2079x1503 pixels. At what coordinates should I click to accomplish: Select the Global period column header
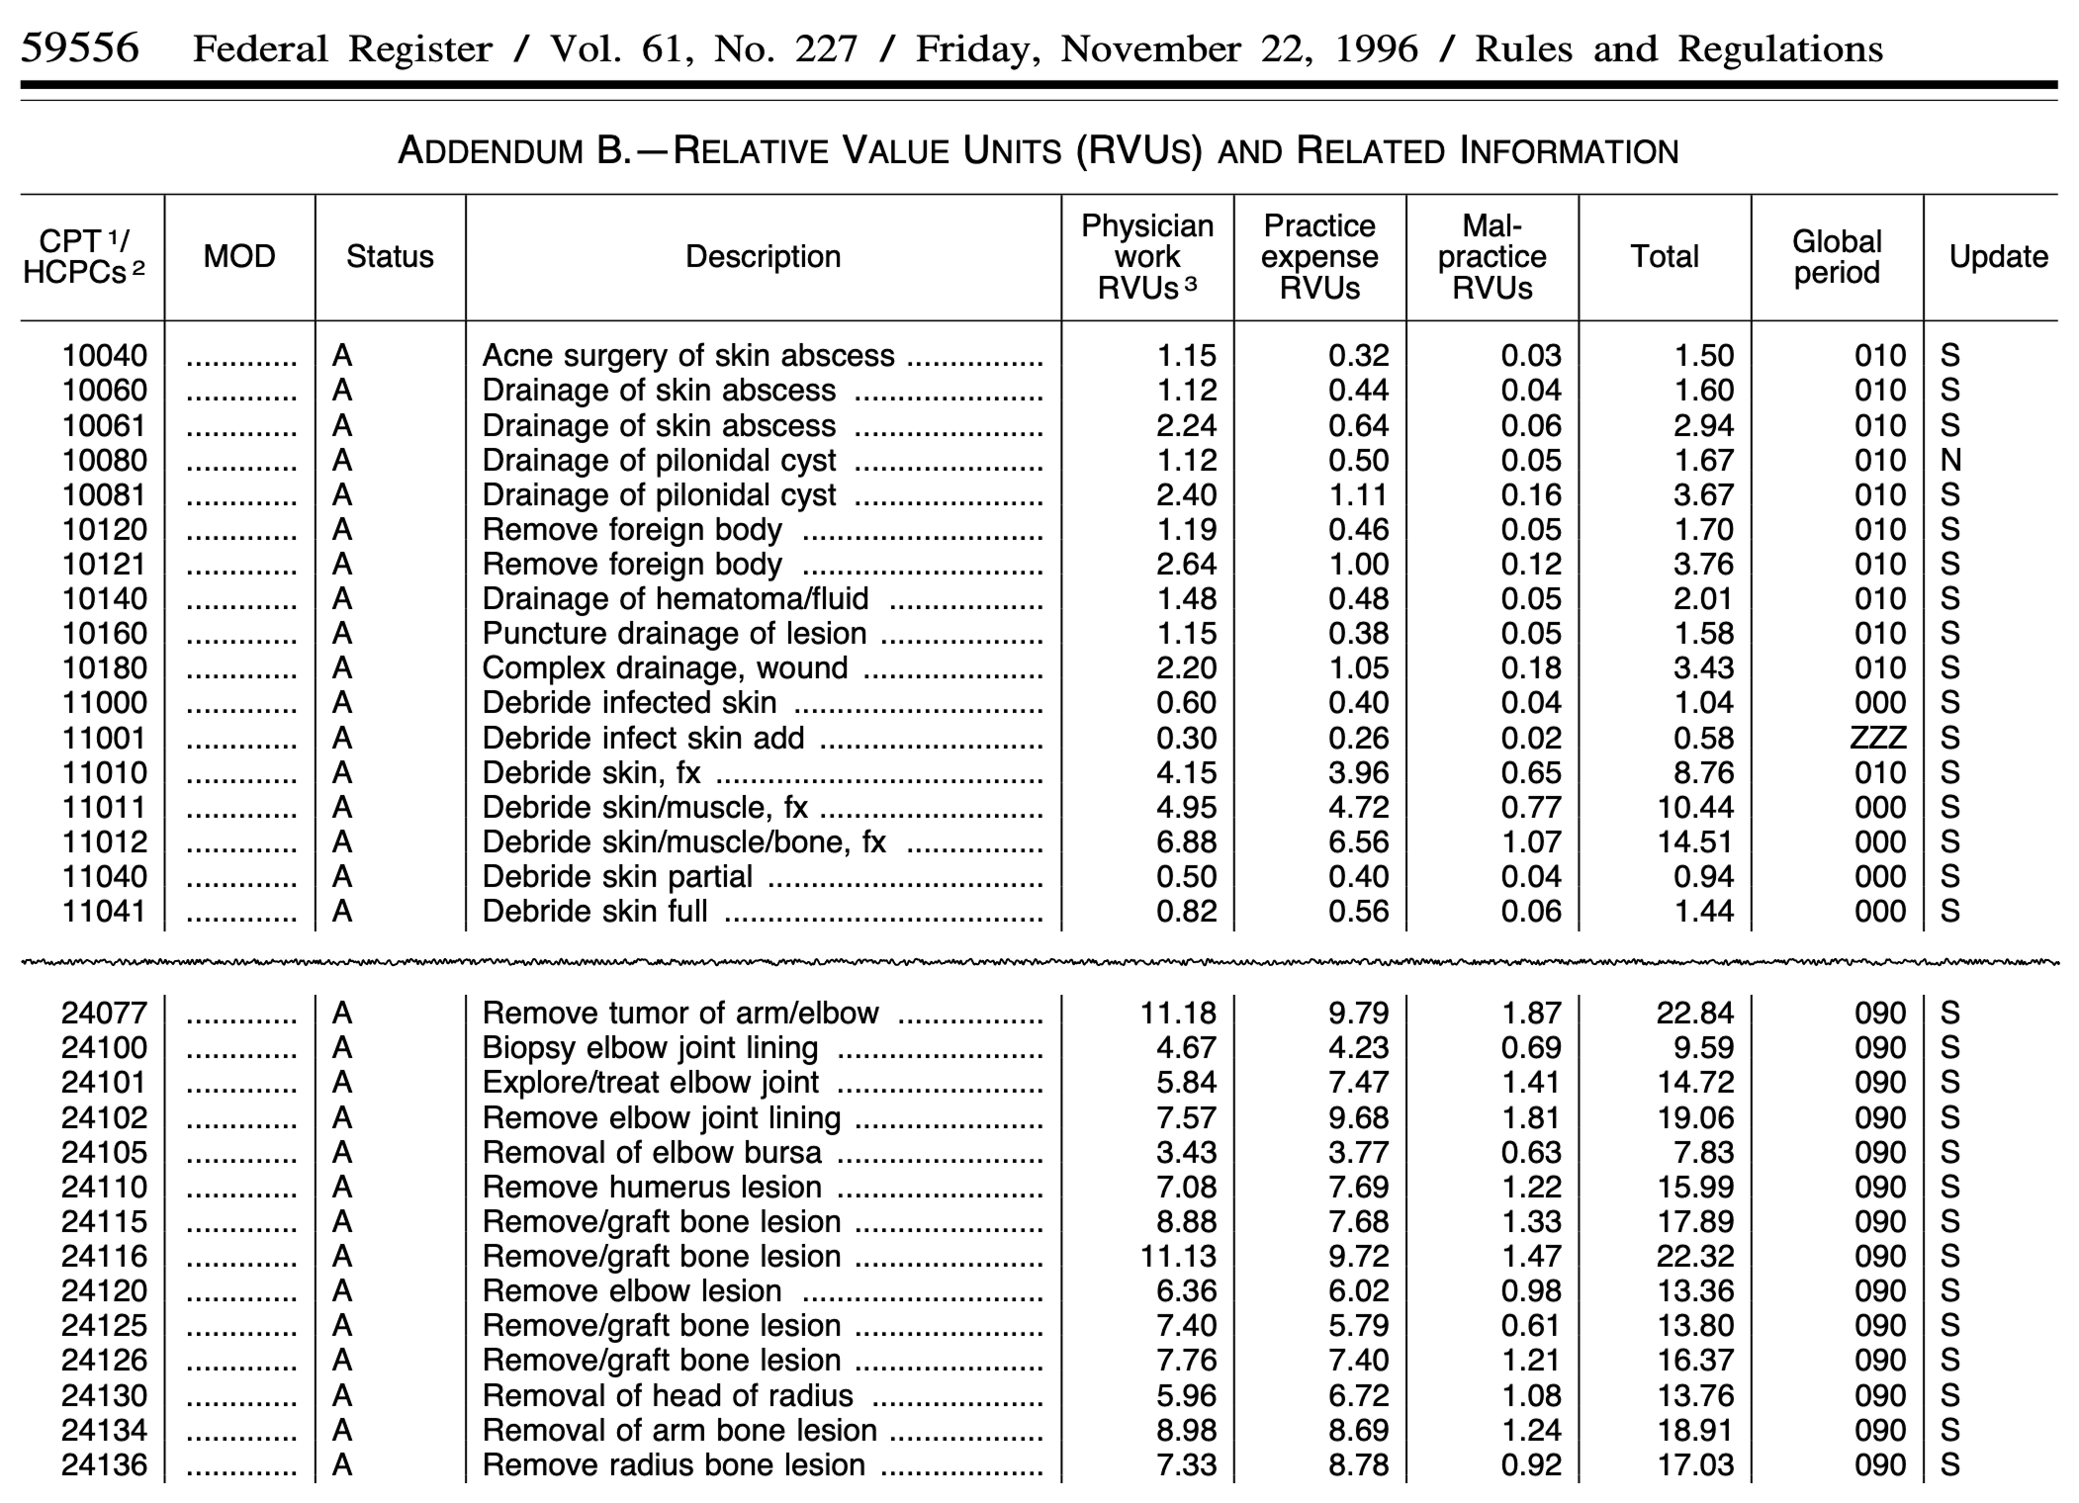coord(1837,257)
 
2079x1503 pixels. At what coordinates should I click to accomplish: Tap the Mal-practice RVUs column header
coord(1491,257)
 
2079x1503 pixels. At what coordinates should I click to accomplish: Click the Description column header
coord(763,257)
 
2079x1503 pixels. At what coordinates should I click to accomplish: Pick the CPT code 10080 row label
coord(105,461)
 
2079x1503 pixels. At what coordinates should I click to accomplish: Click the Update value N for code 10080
coord(1950,461)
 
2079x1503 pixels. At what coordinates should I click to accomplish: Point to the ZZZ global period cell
coord(1878,739)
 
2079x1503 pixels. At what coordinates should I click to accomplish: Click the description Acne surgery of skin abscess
coord(688,356)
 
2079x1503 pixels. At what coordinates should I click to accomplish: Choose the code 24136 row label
coord(105,1465)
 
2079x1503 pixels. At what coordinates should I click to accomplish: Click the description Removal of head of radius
coord(668,1396)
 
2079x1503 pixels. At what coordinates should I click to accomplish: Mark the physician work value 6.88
coord(1186,842)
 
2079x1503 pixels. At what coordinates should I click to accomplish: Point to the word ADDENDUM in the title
coord(489,151)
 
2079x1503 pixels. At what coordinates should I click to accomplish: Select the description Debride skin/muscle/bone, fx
coord(683,842)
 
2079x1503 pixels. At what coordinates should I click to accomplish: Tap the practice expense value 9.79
coord(1359,1014)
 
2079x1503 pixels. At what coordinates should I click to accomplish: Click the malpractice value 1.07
coord(1531,842)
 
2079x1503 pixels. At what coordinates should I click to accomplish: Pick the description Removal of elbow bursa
coord(652,1153)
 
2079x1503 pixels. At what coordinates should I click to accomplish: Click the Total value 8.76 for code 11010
coord(1703,773)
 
